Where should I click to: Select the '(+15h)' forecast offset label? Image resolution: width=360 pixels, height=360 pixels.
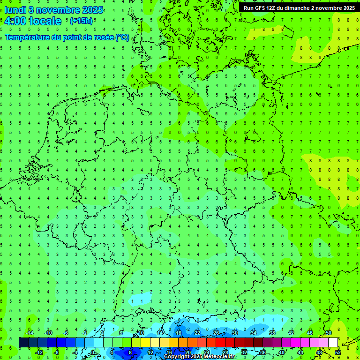pyautogui.click(x=81, y=21)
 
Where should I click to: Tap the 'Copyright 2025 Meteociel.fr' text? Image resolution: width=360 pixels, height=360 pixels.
pyautogui.click(x=200, y=357)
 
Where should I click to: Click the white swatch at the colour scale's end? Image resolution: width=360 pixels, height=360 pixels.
pyautogui.click(x=333, y=343)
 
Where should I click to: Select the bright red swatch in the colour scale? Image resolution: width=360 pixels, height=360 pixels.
pyautogui.click(x=220, y=343)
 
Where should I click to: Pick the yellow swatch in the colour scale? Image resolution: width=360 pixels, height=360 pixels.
pyautogui.click(x=145, y=343)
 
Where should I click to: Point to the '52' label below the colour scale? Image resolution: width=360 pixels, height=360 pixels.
pyautogui.click(x=338, y=352)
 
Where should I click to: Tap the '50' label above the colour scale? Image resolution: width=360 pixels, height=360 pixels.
pyautogui.click(x=328, y=333)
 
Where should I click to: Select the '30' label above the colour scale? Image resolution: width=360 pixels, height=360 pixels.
pyautogui.click(x=234, y=333)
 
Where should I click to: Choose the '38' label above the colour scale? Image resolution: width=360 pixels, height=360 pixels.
pyautogui.click(x=272, y=333)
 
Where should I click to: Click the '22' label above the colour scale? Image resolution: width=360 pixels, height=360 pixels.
pyautogui.click(x=197, y=333)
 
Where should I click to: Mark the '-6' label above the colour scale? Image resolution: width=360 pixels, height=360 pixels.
pyautogui.click(x=66, y=333)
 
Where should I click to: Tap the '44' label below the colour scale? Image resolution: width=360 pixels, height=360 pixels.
pyautogui.click(x=300, y=352)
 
